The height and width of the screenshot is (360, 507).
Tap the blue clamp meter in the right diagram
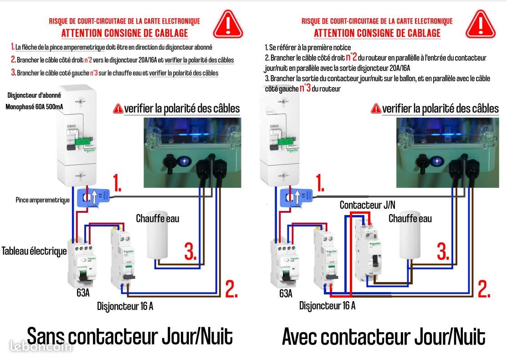pyautogui.click(x=298, y=198)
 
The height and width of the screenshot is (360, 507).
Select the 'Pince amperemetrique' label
pyautogui.click(x=42, y=200)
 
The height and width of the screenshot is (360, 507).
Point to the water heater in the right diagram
pyautogui.click(x=410, y=241)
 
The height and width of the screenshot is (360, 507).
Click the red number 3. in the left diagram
pyautogui.click(x=190, y=252)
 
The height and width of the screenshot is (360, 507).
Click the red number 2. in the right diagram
pyautogui.click(x=484, y=289)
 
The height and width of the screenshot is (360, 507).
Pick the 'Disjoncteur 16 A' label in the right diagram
pyautogui.click(x=327, y=305)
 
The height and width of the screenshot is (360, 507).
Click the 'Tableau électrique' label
pyautogui.click(x=34, y=251)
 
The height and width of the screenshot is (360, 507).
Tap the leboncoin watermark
pyautogui.click(x=41, y=346)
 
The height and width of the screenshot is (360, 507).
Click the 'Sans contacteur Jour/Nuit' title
pyautogui.click(x=130, y=336)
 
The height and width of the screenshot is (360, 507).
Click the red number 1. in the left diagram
pyautogui.click(x=117, y=185)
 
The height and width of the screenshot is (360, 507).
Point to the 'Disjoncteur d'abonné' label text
pyautogui.click(x=35, y=95)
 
